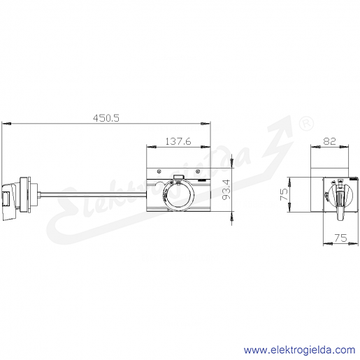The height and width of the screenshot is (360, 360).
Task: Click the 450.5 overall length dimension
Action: pyautogui.click(x=106, y=118)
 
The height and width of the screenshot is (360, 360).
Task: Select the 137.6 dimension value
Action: pyautogui.click(x=178, y=141)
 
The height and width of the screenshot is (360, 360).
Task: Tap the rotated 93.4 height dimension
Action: pyautogui.click(x=226, y=189)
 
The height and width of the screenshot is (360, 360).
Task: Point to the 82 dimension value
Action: pyautogui.click(x=330, y=141)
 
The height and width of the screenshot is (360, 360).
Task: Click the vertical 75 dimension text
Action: pyautogui.click(x=284, y=194)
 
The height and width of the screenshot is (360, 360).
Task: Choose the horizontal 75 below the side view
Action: pyautogui.click(x=340, y=238)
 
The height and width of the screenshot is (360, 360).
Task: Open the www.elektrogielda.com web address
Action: pyautogui.click(x=299, y=350)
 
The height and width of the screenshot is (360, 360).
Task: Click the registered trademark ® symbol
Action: pyautogui.click(x=306, y=123)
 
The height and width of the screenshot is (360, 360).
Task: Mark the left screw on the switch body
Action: pyautogui.click(x=159, y=171)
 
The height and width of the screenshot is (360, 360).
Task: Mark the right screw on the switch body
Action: pyautogui.click(x=198, y=171)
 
